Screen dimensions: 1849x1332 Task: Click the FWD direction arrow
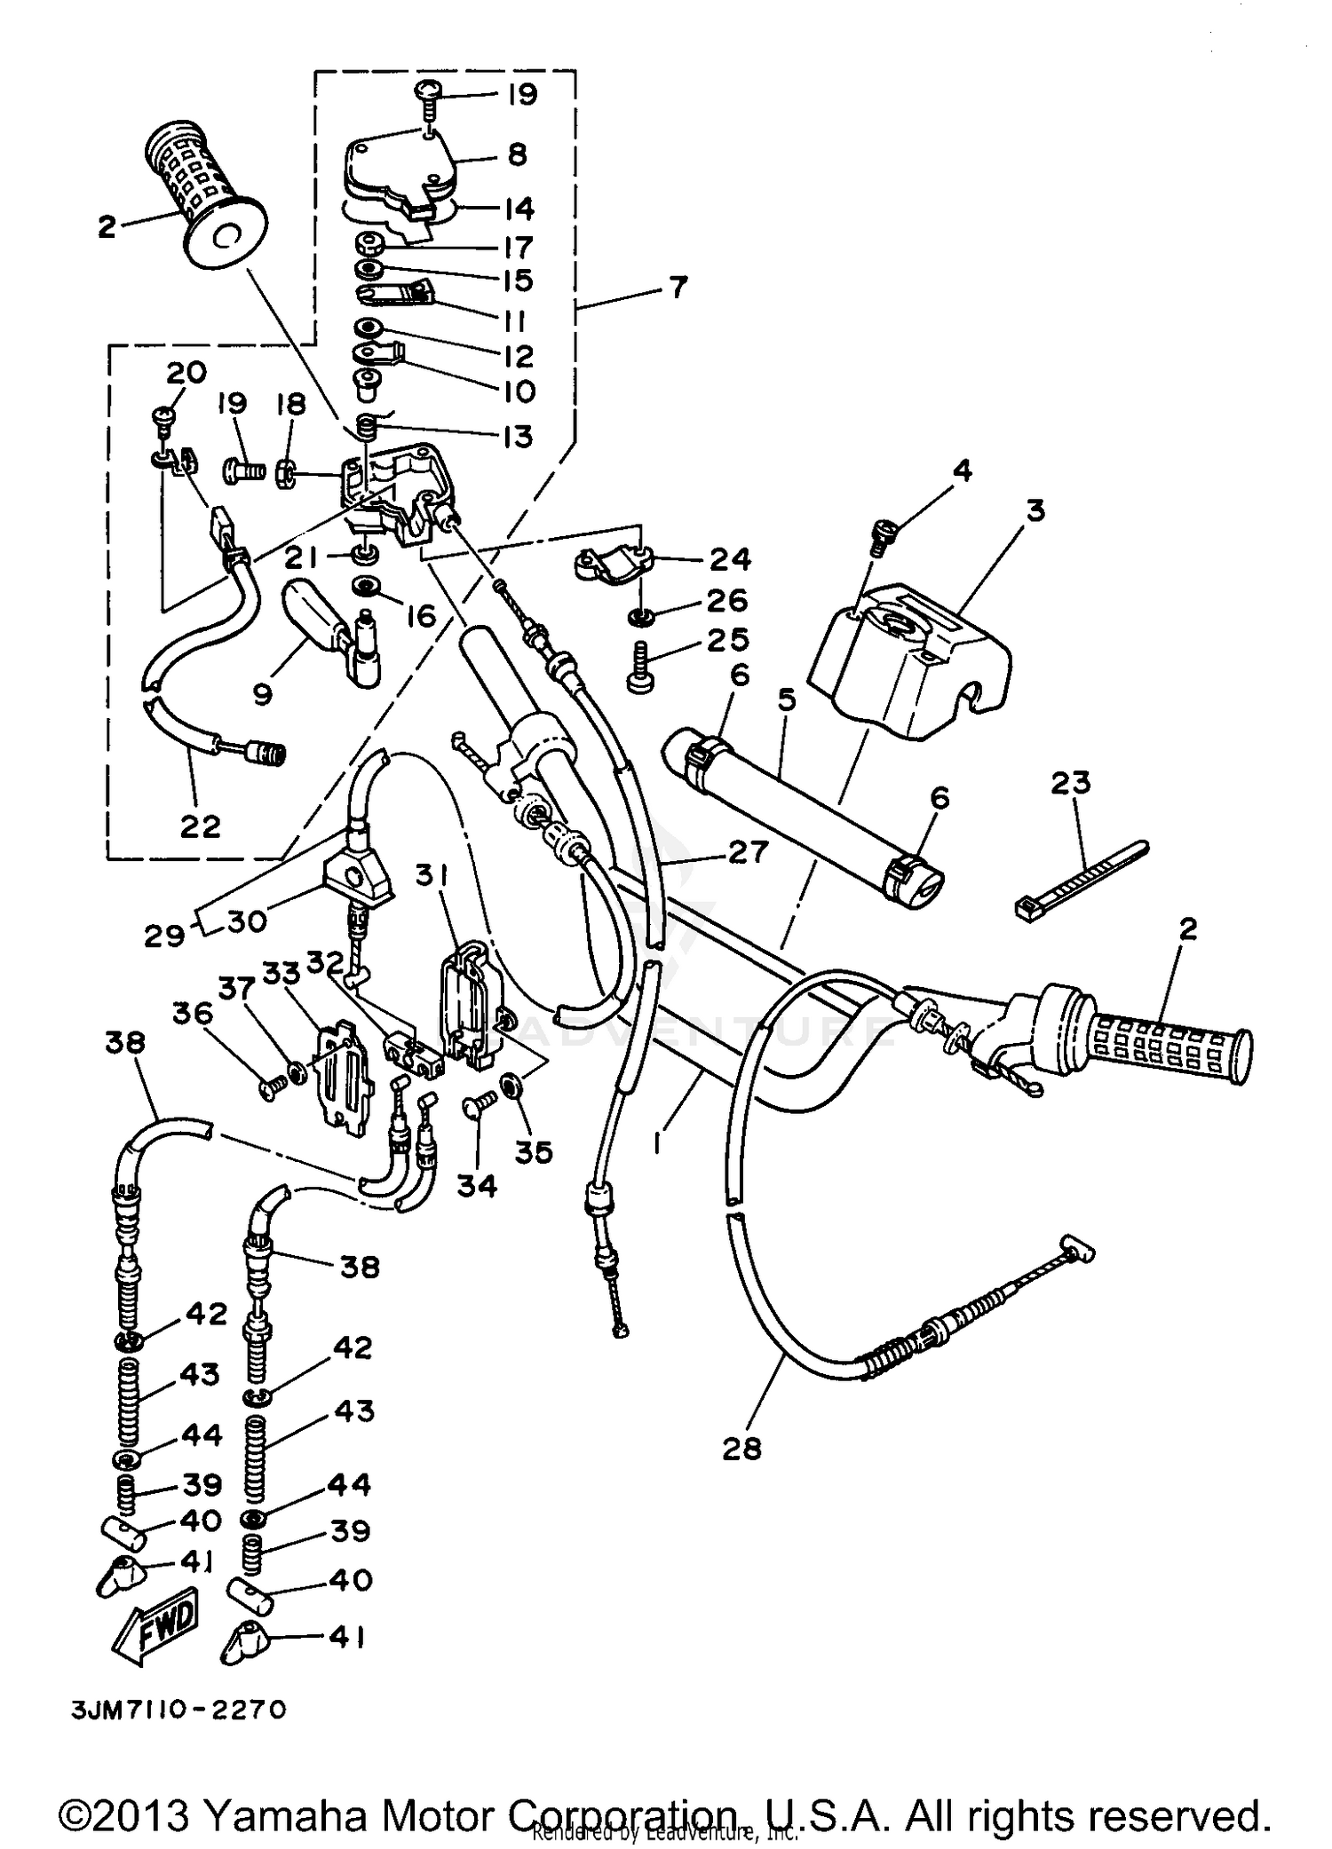pyautogui.click(x=162, y=1622)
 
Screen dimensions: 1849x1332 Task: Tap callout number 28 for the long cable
pyautogui.click(x=742, y=1448)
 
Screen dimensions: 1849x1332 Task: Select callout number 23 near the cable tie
pyautogui.click(x=1071, y=783)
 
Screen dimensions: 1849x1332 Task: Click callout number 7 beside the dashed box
pyautogui.click(x=678, y=288)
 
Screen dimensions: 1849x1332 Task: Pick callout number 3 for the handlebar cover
pyautogui.click(x=1034, y=511)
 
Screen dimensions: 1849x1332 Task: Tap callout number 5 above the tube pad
pyautogui.click(x=786, y=699)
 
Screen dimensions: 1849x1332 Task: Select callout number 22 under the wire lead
pyautogui.click(x=200, y=826)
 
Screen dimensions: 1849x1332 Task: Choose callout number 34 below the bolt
pyautogui.click(x=478, y=1184)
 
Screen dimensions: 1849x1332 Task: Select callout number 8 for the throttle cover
pyautogui.click(x=518, y=154)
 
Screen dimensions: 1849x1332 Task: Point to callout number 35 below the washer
pyautogui.click(x=534, y=1152)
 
